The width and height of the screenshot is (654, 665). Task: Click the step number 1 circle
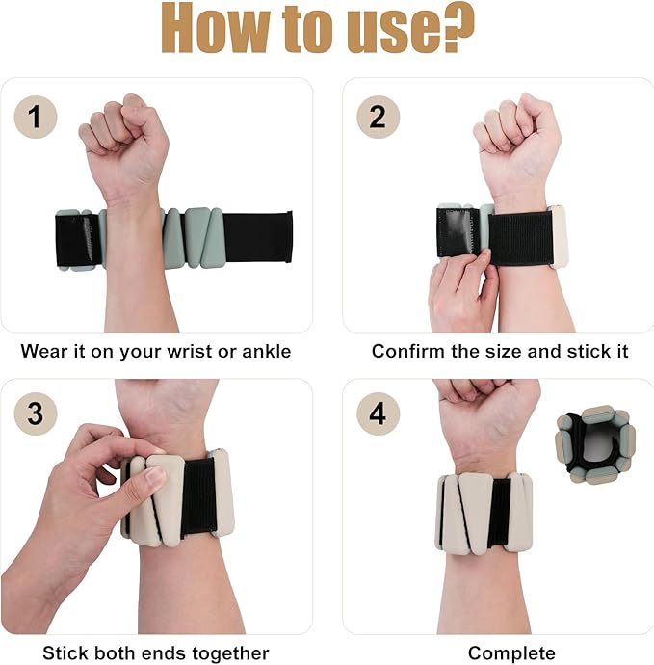pos(35,119)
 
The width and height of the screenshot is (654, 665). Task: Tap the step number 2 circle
pos(378,119)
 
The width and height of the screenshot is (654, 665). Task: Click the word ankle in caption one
pos(264,351)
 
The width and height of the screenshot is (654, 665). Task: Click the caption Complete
pos(511,652)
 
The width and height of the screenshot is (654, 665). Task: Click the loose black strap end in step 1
pos(257,236)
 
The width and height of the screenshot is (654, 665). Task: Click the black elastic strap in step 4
pos(499,511)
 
